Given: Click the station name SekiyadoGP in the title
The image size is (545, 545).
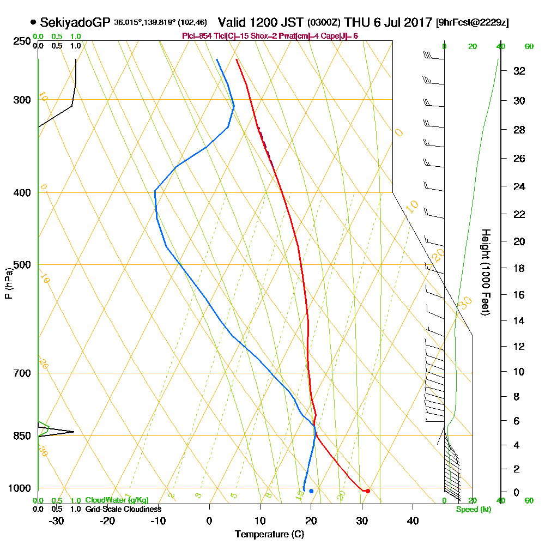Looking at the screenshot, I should tap(75, 22).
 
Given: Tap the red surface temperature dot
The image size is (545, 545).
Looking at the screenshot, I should tap(368, 491).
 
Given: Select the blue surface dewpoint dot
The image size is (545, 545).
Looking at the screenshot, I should tap(311, 491).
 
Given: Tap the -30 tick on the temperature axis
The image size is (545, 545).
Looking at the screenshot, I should tap(57, 520).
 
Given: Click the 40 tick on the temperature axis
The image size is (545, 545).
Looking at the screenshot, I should tap(413, 520).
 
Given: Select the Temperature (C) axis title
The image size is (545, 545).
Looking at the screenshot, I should tap(269, 535).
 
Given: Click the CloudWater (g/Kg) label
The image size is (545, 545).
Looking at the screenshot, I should tap(117, 500).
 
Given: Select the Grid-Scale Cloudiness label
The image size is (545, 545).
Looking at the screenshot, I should tap(123, 509).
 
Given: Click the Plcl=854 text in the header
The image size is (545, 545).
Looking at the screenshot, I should tap(198, 36).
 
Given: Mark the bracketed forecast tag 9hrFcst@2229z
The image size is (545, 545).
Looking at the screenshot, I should tap(473, 23).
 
